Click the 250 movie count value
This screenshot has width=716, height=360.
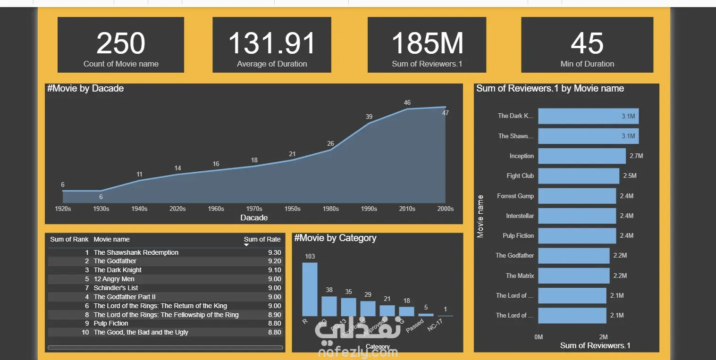point(121,43)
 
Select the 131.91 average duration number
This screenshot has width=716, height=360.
point(272,43)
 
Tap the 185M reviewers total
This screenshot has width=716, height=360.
point(427,43)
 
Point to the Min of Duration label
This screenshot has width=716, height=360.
point(587,64)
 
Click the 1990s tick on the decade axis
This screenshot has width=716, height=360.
point(369,209)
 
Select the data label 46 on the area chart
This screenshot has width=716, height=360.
point(407,102)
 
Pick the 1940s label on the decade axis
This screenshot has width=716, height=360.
point(139,209)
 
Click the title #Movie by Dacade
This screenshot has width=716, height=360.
point(85,88)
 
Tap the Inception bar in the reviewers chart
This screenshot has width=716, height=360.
point(581,156)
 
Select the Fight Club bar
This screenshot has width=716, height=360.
point(578,176)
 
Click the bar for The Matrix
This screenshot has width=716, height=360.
point(573,276)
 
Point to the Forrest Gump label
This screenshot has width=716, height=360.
point(515,196)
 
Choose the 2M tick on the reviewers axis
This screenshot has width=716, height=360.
point(604,337)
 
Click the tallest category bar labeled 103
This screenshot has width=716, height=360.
point(310,289)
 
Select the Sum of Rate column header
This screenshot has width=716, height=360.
point(262,239)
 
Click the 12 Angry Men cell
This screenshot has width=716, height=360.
point(114,279)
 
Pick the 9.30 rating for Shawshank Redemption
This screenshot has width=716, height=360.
point(274,252)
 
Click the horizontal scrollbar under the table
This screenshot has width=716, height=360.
point(165,348)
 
